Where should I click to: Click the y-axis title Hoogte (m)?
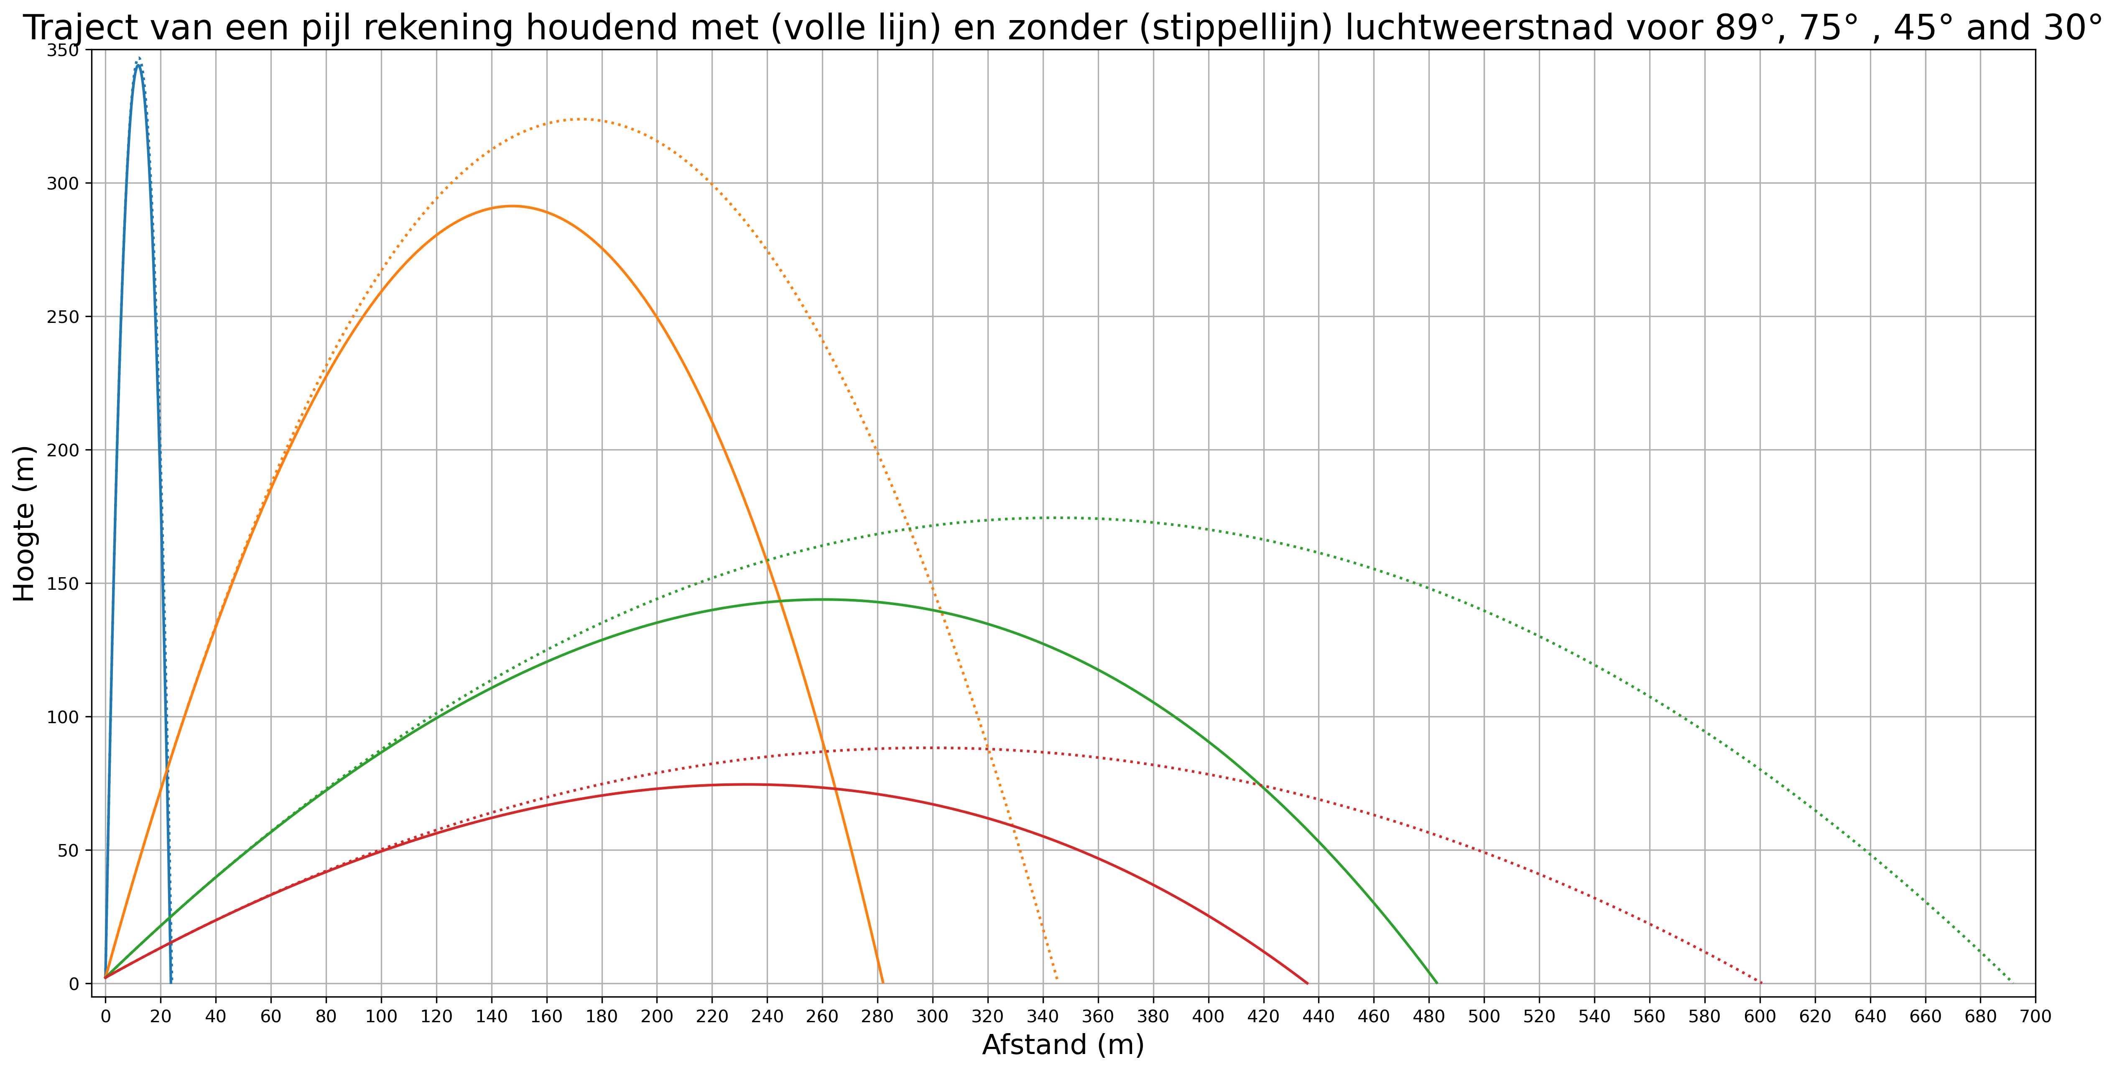point(25,524)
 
